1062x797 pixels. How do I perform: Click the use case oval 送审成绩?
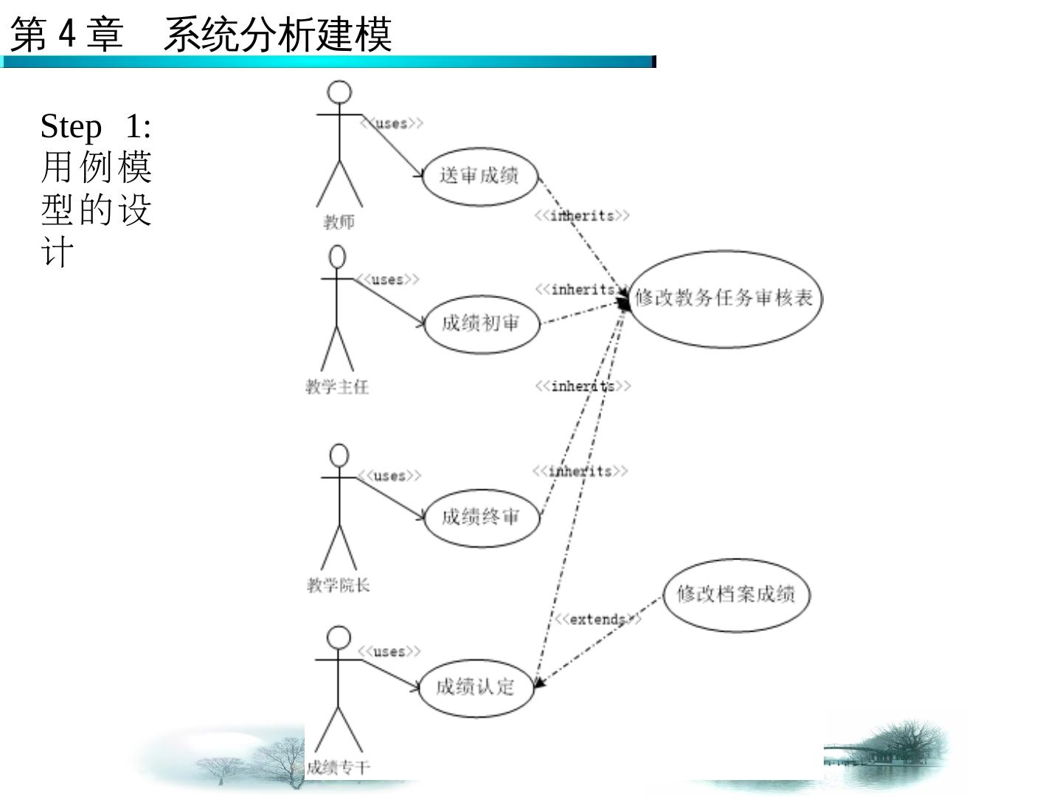pos(479,176)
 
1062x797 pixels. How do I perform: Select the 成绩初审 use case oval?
pos(482,323)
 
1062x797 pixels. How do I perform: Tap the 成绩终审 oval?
pos(482,517)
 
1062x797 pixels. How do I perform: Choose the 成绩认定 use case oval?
pos(475,687)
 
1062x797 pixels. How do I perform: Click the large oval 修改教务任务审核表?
pos(724,298)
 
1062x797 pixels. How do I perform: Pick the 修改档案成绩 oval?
pos(735,594)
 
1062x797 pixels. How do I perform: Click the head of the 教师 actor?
pos(339,93)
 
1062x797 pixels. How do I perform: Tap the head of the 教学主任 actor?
pos(337,257)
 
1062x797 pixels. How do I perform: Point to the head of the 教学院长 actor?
pos(339,455)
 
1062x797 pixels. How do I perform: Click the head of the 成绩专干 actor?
pos(339,638)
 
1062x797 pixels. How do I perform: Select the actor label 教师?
pos(339,221)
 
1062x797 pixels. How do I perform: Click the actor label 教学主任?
pos(337,387)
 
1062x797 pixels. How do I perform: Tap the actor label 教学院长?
pos(338,585)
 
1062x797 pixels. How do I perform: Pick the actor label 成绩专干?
pos(338,767)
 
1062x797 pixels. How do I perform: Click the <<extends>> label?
pos(597,619)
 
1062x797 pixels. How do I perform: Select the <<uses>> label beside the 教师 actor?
pos(392,123)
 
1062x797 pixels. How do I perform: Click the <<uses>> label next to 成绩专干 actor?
pos(389,651)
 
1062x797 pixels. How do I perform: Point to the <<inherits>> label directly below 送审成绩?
pos(582,215)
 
